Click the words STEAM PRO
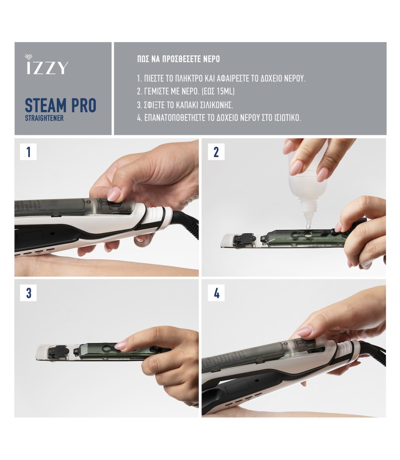(x=61, y=105)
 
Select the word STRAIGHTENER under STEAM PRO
(x=44, y=118)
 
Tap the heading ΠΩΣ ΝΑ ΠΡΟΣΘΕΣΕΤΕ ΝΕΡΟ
(x=179, y=59)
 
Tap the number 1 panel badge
(x=28, y=152)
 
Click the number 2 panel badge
(x=216, y=152)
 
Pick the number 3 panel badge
(x=28, y=293)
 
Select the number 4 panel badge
(x=216, y=293)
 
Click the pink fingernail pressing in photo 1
(x=114, y=194)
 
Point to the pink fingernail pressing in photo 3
(x=121, y=345)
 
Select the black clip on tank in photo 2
(x=244, y=239)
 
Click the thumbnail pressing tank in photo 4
(x=304, y=331)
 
